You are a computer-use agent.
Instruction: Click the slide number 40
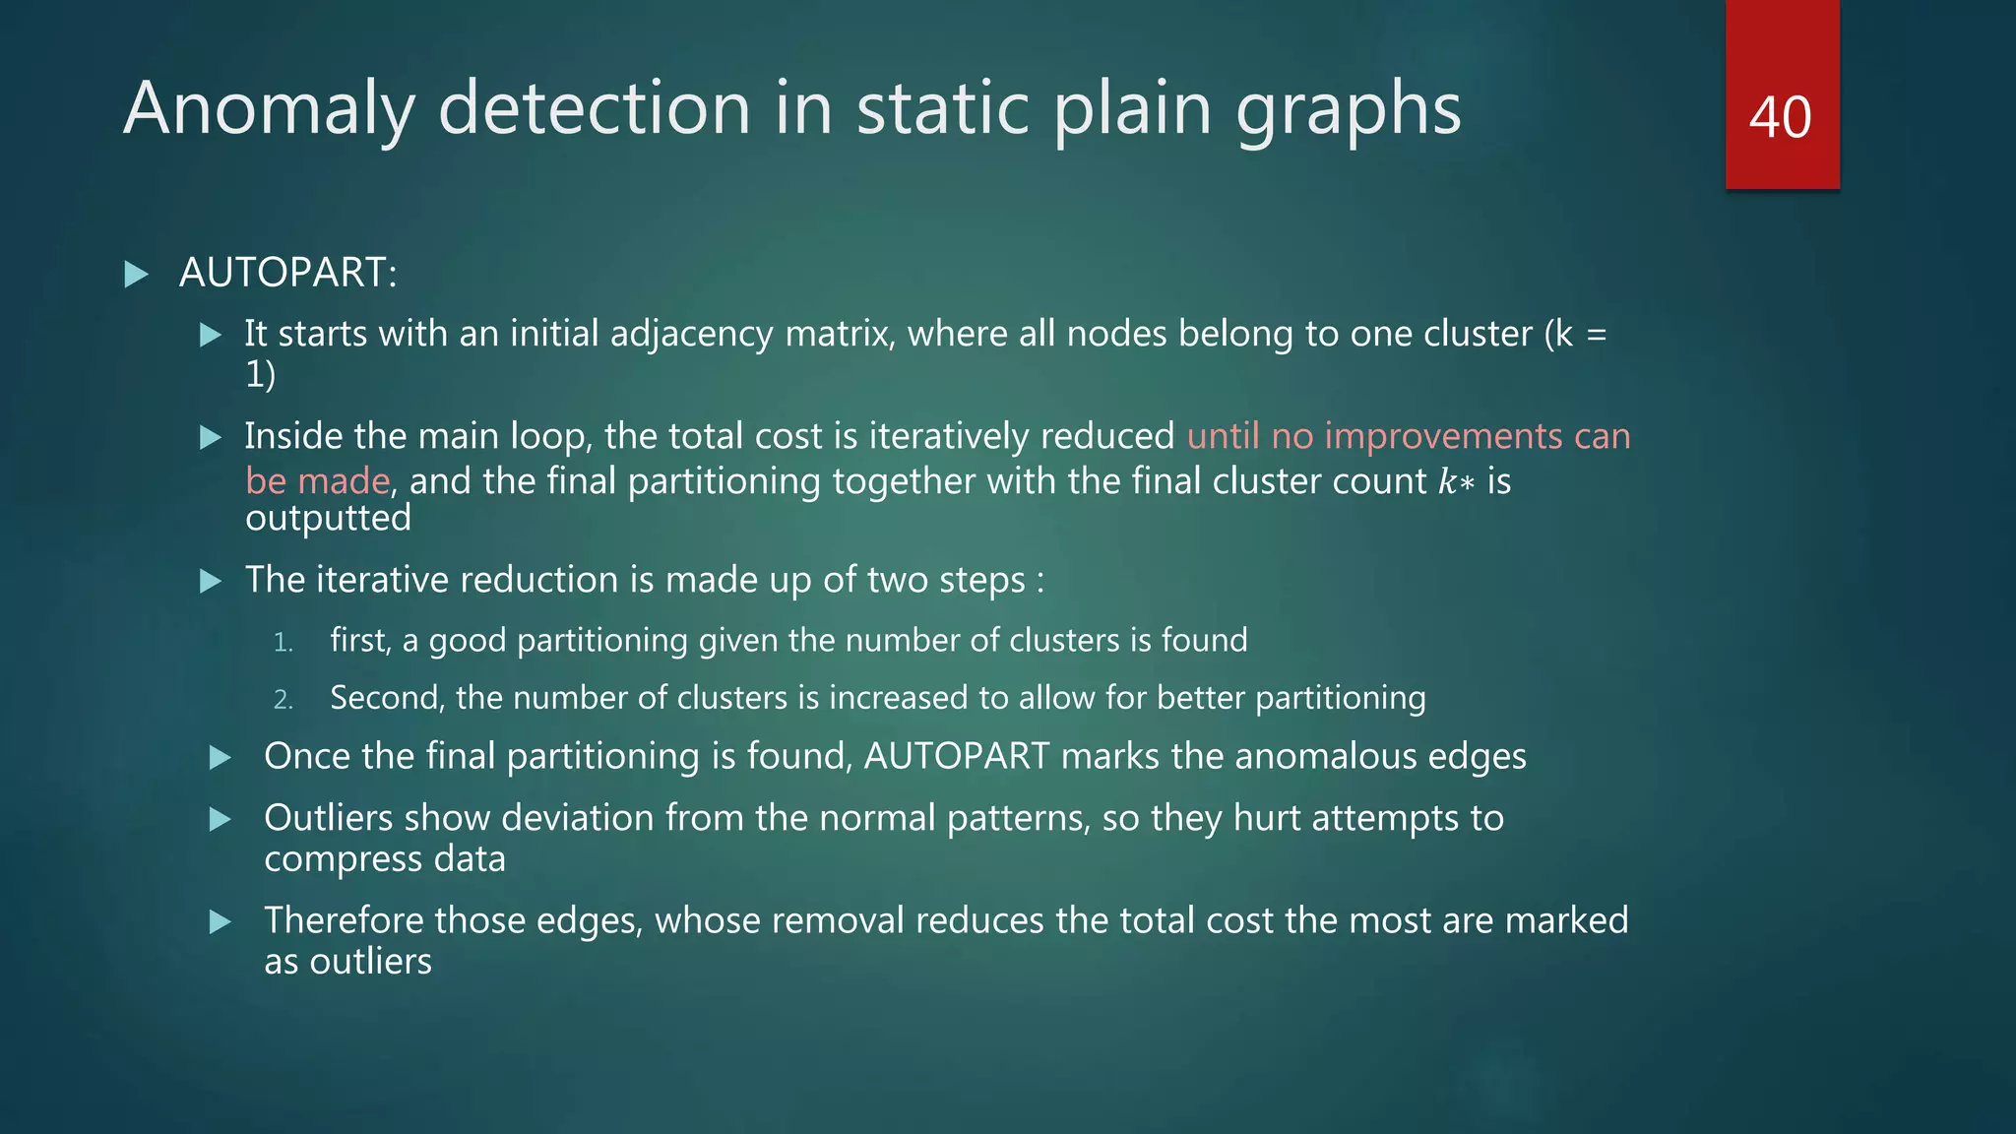pyautogui.click(x=1780, y=117)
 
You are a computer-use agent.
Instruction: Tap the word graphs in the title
pyautogui.click(x=1349, y=109)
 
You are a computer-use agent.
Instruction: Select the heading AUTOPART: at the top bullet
pyautogui.click(x=288, y=273)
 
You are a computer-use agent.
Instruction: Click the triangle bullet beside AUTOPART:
pyautogui.click(x=137, y=274)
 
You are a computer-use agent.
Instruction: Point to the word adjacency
pyautogui.click(x=691, y=335)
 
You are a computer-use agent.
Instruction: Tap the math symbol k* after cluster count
pyautogui.click(x=1456, y=481)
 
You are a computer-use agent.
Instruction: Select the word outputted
pyautogui.click(x=328, y=518)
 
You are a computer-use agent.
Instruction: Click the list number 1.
pyautogui.click(x=283, y=643)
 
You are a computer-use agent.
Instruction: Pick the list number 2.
pyautogui.click(x=283, y=700)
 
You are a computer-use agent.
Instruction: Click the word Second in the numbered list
pyautogui.click(x=388, y=697)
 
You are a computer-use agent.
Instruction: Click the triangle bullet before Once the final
pyautogui.click(x=220, y=757)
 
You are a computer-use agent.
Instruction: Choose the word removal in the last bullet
pyautogui.click(x=837, y=920)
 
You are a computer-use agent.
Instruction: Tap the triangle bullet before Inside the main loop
pyautogui.click(x=211, y=437)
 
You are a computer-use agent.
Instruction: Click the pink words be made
pyautogui.click(x=317, y=481)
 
